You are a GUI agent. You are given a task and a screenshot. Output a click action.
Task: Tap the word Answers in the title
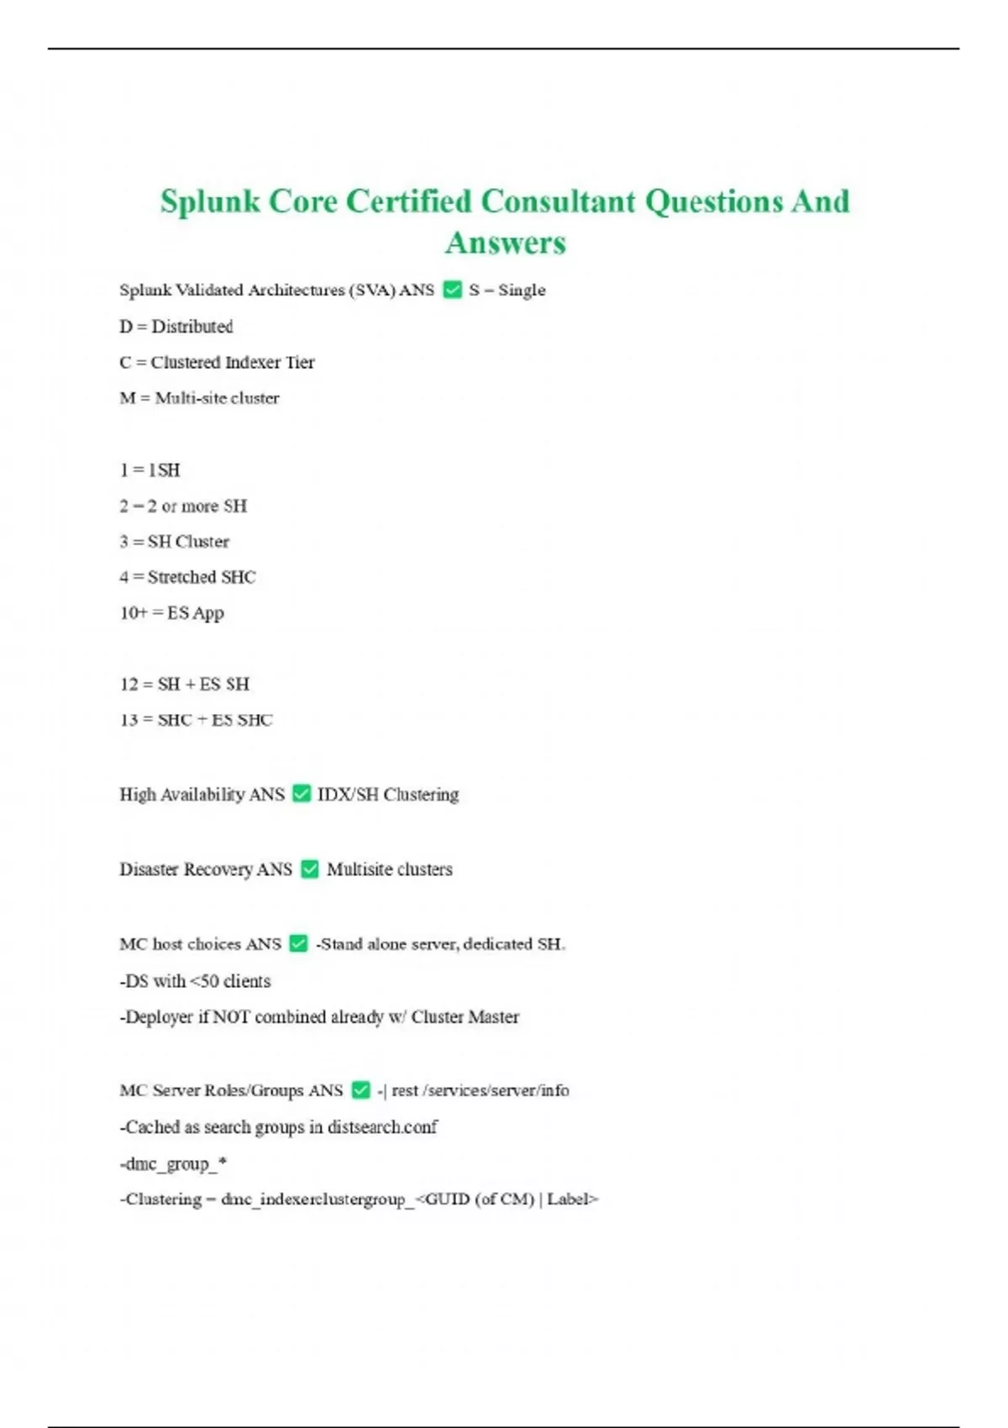506,243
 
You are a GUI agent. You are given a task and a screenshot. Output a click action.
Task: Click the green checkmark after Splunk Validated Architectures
452,290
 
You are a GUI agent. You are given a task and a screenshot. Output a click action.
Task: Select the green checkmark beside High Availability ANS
302,794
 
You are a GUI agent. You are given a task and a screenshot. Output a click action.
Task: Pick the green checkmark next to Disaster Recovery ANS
310,869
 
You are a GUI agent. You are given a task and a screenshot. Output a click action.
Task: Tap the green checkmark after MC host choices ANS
298,943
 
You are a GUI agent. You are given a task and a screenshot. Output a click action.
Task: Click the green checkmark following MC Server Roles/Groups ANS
360,1089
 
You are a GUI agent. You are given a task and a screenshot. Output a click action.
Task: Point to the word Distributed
192,326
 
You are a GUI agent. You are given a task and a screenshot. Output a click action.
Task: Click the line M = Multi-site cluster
199,398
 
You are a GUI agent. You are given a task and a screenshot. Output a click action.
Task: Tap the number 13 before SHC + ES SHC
129,720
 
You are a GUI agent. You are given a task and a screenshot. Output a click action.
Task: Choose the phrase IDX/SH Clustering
388,794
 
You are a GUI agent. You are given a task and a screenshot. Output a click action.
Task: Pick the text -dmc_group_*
173,1163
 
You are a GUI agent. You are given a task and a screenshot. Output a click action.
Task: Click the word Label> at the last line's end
573,1199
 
